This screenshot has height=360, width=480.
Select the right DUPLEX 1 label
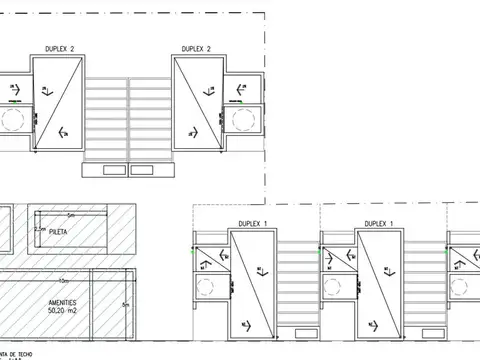(378, 223)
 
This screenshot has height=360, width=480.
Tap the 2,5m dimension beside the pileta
(40, 228)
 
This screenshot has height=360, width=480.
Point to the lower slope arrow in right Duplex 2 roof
(191, 133)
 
